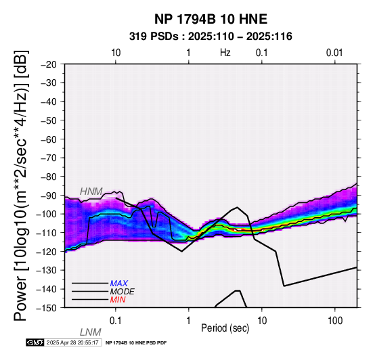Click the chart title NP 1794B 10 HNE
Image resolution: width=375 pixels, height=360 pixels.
point(211,19)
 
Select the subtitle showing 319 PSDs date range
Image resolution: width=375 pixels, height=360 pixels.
point(211,37)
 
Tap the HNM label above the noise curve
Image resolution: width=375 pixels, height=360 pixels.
point(91,192)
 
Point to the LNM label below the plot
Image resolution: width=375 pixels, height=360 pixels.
point(91,332)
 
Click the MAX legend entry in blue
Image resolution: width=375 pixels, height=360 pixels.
point(119,284)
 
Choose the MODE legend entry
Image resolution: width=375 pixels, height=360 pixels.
point(123,292)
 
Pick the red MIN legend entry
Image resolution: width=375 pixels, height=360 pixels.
point(118,300)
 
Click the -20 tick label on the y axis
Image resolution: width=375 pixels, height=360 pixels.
point(49,64)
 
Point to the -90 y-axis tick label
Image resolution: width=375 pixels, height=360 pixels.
point(49,196)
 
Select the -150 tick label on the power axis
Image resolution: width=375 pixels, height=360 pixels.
point(47,308)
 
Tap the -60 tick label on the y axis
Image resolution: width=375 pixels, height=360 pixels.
point(49,139)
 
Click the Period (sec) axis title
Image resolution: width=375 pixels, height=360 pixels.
point(225,328)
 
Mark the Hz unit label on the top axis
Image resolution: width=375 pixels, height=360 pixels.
point(225,53)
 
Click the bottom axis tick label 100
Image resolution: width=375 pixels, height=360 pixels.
point(335,321)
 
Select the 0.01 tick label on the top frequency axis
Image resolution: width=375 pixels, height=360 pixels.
point(334,53)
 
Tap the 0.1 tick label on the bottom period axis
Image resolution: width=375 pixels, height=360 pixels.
point(115,321)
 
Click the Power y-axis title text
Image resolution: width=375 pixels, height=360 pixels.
point(21,185)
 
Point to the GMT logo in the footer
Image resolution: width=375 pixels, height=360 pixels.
point(35,342)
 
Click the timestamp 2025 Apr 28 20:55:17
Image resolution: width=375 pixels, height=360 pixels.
point(72,342)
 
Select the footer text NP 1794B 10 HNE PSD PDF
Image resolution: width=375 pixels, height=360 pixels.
point(136,343)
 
